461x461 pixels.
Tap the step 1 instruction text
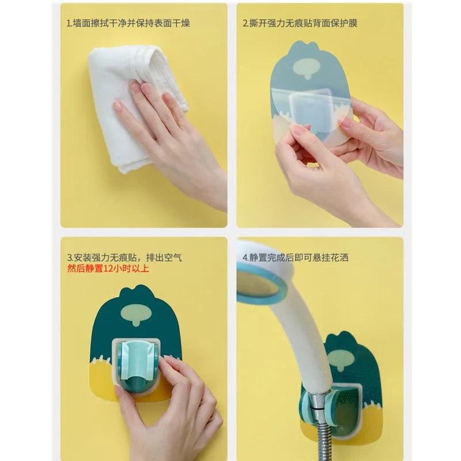(x=128, y=24)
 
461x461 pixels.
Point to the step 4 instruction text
(x=296, y=257)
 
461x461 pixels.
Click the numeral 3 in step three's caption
(x=69, y=257)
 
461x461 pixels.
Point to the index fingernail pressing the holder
(x=167, y=360)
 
